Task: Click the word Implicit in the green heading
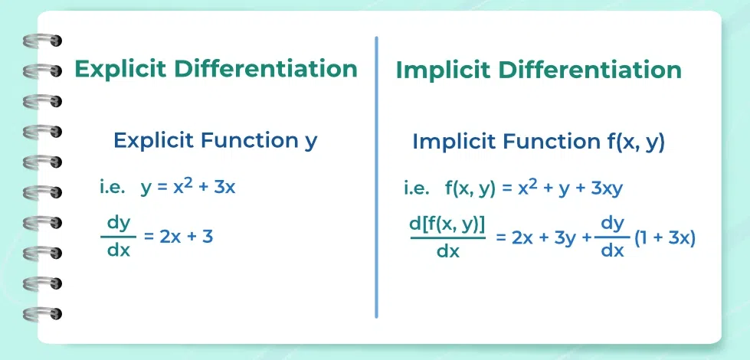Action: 444,70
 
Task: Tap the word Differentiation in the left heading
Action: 266,69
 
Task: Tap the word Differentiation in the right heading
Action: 590,70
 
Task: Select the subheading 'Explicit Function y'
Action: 215,140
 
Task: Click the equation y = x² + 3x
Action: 188,188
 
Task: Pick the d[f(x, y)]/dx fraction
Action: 448,237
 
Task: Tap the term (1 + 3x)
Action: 665,237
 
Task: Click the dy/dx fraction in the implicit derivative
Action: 613,237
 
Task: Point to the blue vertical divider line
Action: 376,176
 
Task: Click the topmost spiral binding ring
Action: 43,41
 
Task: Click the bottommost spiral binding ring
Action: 43,313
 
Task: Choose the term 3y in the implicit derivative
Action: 565,237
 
